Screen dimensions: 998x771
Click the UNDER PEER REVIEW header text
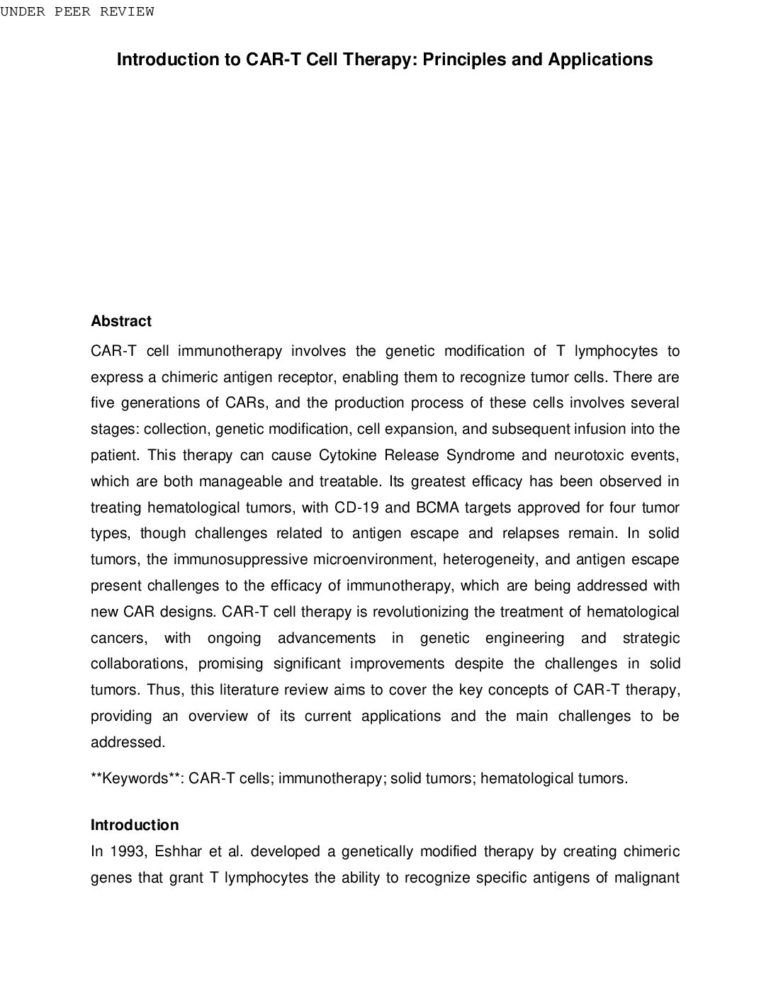(x=77, y=11)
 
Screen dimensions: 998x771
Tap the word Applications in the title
(x=600, y=60)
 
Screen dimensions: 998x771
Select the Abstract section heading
(x=121, y=321)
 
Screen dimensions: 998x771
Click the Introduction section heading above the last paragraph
(x=135, y=825)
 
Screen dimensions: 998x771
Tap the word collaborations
(x=139, y=664)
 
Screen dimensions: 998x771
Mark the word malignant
(x=647, y=878)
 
